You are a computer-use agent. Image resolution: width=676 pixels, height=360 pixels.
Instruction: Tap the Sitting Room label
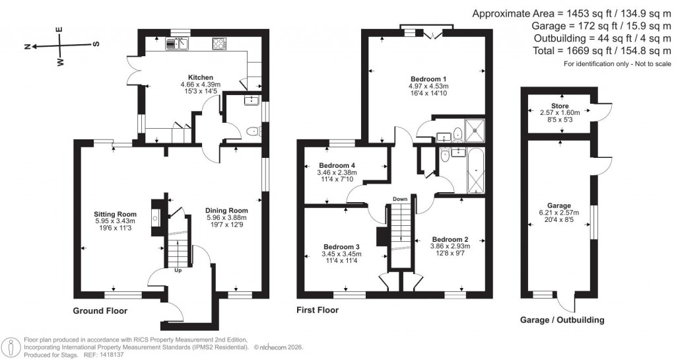coord(115,214)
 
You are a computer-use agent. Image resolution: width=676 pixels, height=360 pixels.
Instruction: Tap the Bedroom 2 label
coord(450,239)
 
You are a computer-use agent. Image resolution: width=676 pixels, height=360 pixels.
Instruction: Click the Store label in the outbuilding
coord(560,105)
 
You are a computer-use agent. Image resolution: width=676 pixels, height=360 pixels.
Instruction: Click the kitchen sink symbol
coord(177,44)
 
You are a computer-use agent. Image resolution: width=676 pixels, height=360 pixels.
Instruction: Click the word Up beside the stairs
coord(178,270)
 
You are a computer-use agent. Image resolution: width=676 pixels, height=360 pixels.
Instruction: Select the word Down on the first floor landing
coord(400,198)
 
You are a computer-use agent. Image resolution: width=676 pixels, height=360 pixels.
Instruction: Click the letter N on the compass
coord(28,46)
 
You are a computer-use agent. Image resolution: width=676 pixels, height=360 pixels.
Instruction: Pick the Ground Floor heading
coord(100,310)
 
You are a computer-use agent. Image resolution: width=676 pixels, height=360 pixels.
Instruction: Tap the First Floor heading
coord(318,310)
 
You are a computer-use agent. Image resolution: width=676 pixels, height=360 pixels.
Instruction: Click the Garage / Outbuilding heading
coord(562,320)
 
